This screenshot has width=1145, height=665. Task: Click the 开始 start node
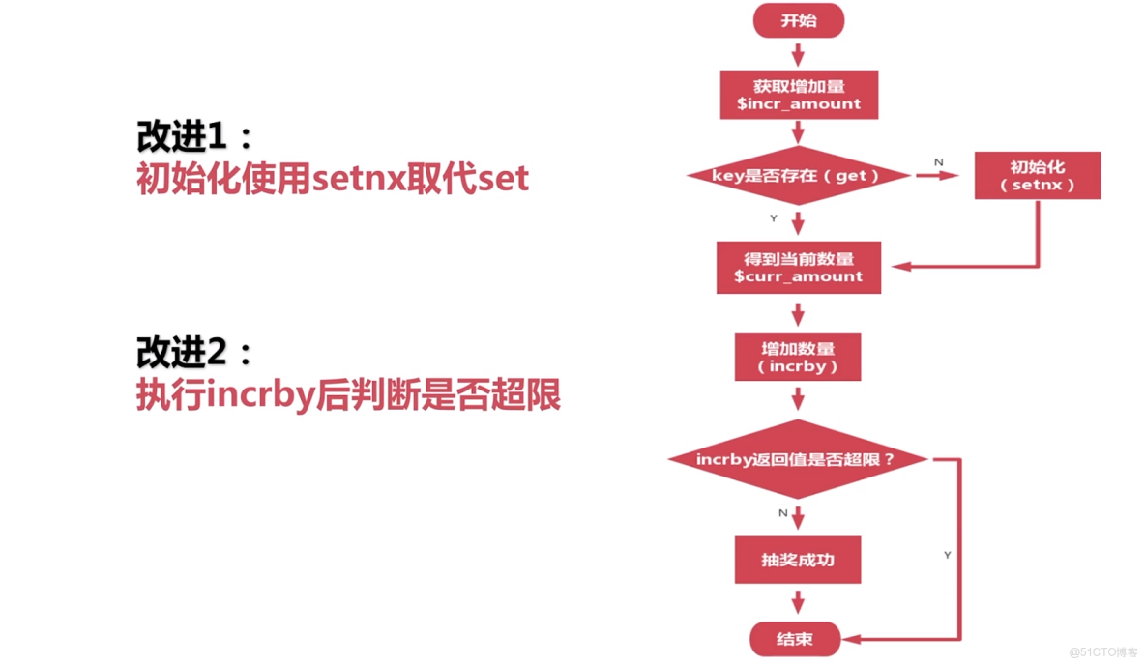(x=798, y=20)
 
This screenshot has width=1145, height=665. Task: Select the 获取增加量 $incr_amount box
(x=799, y=95)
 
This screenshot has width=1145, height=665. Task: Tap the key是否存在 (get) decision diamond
(x=798, y=176)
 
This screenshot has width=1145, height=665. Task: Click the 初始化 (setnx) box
(x=1037, y=175)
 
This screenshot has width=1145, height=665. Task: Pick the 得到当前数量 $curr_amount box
(x=798, y=267)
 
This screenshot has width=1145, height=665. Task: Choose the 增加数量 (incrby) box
(x=798, y=358)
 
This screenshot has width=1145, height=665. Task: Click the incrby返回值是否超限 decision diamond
(x=798, y=459)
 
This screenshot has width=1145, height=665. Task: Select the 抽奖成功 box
(x=798, y=561)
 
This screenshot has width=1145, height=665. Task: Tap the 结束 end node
(x=795, y=639)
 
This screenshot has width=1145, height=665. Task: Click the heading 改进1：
(x=194, y=137)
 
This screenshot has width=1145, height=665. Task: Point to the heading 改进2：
(x=194, y=353)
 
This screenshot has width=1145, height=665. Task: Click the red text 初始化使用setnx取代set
(x=333, y=180)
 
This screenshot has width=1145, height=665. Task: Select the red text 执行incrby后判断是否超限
(x=348, y=396)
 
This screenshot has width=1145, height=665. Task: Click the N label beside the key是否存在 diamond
(x=938, y=162)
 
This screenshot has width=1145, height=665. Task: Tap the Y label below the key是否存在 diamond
(x=774, y=218)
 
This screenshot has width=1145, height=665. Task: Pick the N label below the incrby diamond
(x=783, y=513)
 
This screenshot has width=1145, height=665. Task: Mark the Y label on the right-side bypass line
(x=947, y=555)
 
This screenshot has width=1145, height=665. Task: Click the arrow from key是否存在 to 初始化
(x=936, y=176)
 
